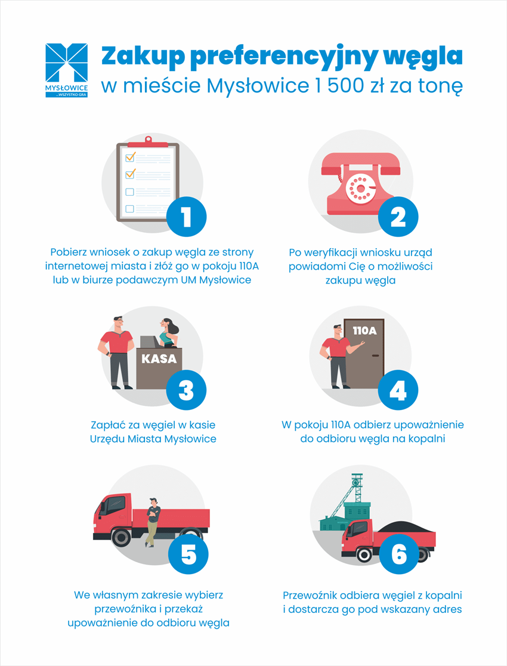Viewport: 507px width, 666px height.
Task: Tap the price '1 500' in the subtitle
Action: pyautogui.click(x=341, y=86)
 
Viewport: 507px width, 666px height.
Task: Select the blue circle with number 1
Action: pyautogui.click(x=186, y=216)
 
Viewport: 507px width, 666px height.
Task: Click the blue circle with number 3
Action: pyautogui.click(x=186, y=391)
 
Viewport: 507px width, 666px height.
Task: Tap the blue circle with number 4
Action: pyautogui.click(x=397, y=391)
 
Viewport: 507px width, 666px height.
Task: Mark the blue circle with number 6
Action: pyautogui.click(x=397, y=554)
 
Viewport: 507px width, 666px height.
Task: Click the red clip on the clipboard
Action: pyautogui.click(x=147, y=141)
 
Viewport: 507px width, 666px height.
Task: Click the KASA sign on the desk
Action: pyautogui.click(x=159, y=359)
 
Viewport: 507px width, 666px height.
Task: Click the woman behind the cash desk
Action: pyautogui.click(x=167, y=332)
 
